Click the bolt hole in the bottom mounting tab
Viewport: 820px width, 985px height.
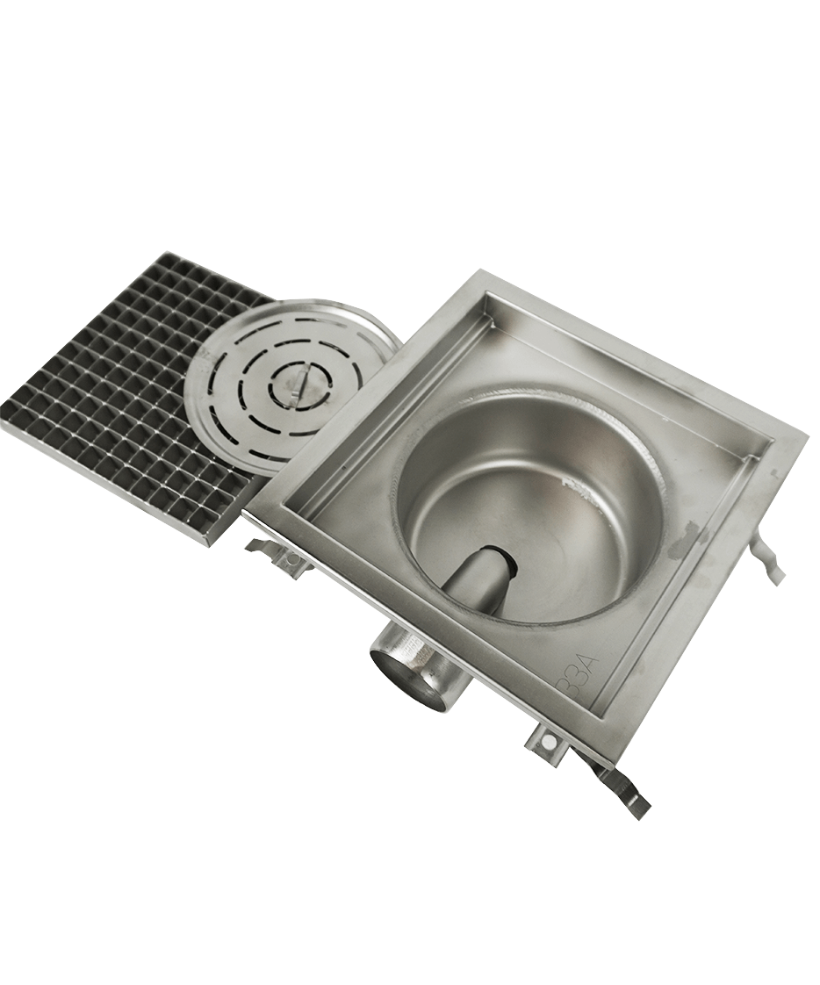[549, 742]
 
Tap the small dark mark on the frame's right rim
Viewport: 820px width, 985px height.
[774, 474]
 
